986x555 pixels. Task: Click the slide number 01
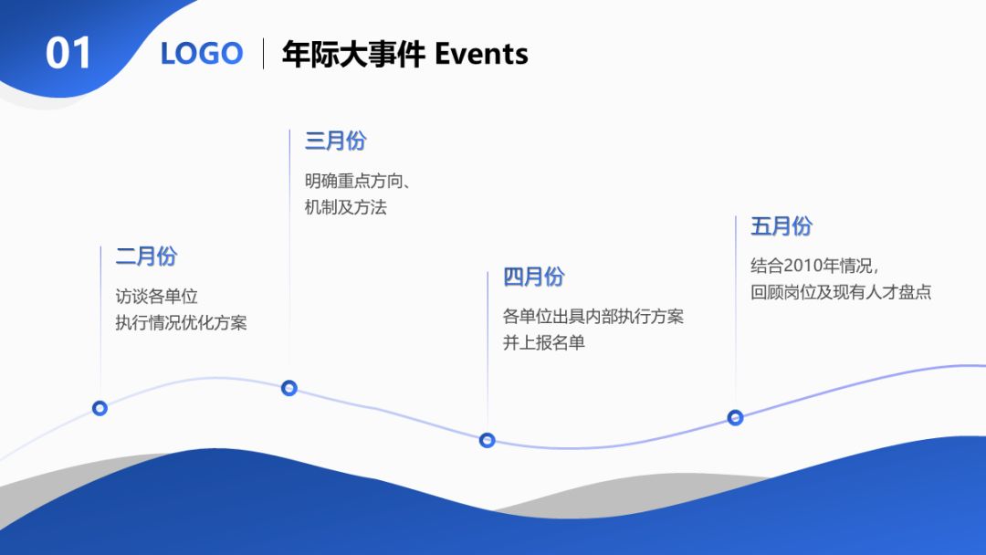69,54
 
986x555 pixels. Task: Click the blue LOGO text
202,54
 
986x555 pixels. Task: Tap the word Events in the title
481,54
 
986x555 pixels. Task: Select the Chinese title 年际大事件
353,54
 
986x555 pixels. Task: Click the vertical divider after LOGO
264,54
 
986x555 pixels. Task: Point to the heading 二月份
146,257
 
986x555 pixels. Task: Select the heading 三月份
335,141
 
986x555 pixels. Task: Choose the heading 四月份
533,277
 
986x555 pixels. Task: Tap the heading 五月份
781,226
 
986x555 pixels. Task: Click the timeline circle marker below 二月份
100,408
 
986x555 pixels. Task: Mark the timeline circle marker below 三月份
289,388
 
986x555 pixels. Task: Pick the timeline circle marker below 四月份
488,440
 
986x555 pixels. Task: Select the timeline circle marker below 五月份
735,417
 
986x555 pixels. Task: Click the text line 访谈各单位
156,297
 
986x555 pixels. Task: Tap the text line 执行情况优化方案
181,323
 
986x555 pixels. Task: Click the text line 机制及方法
346,207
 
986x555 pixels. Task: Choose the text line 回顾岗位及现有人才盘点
841,293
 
